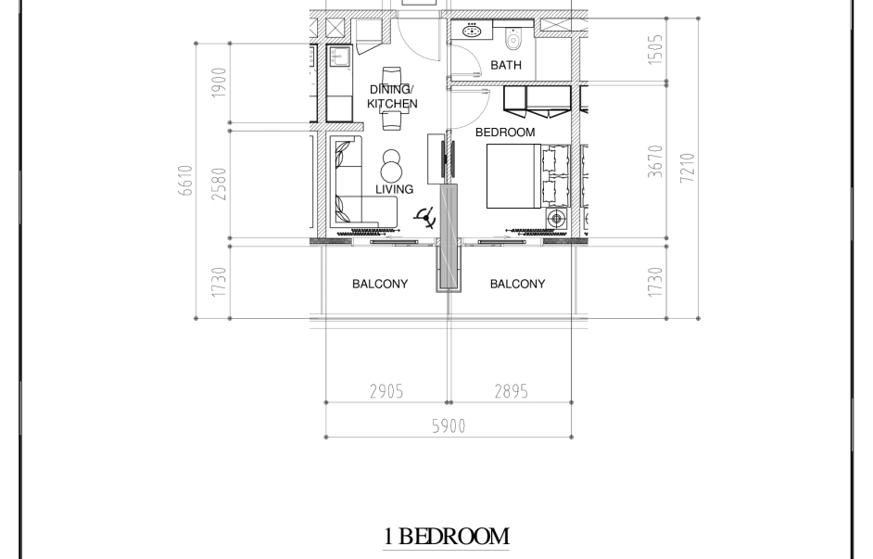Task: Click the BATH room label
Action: tap(505, 65)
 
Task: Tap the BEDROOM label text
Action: tap(505, 133)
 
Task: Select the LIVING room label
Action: tap(394, 189)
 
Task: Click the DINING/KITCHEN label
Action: tap(392, 97)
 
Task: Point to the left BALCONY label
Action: tap(380, 284)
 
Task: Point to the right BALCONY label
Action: tap(517, 284)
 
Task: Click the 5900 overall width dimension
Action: tap(449, 426)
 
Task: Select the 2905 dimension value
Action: tap(386, 392)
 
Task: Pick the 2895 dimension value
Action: tap(512, 392)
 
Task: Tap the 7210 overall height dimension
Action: tap(688, 168)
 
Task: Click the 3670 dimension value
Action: tap(656, 161)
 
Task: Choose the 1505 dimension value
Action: tap(656, 49)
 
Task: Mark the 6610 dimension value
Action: tap(186, 181)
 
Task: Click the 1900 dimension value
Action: tap(220, 83)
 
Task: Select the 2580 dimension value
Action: tap(220, 184)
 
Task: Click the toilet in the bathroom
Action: tap(512, 38)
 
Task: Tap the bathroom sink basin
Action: tap(472, 30)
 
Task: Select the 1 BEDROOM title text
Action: tap(446, 536)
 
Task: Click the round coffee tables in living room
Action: tap(392, 165)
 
